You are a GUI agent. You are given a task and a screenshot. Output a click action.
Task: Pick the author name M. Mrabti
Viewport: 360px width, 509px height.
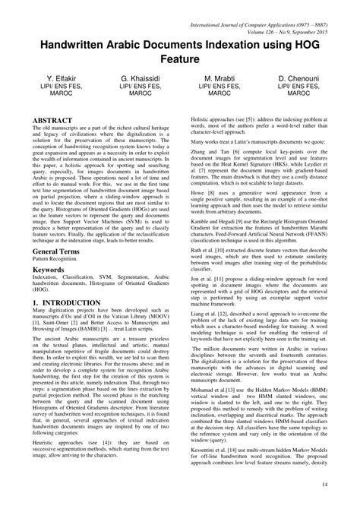pyautogui.click(x=219, y=78)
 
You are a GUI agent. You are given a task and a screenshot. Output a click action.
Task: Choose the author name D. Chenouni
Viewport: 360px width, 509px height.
pyautogui.click(x=301, y=78)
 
